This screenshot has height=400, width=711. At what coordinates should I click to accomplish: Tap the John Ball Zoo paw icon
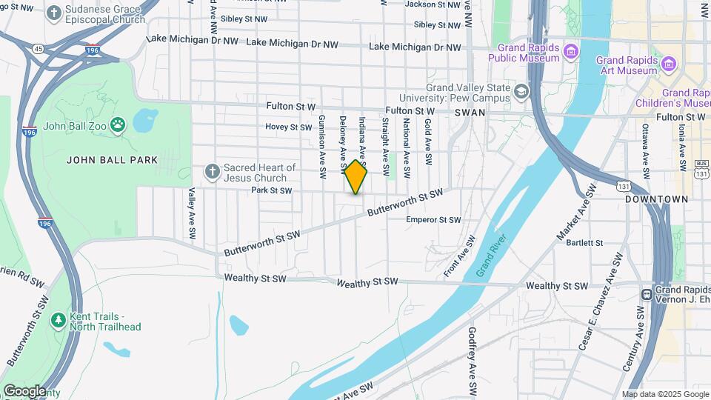click(118, 124)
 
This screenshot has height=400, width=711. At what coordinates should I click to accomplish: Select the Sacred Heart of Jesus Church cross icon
click(213, 172)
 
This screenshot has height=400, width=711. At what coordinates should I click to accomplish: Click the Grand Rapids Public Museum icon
click(571, 51)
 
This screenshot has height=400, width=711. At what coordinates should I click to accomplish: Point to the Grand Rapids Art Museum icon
click(669, 64)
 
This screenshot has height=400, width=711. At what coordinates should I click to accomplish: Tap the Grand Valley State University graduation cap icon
click(522, 91)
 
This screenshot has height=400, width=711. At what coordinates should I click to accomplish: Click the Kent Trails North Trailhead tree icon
click(58, 320)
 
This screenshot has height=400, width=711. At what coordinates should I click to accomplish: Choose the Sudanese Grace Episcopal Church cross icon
click(55, 13)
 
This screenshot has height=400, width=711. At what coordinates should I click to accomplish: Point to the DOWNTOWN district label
click(656, 199)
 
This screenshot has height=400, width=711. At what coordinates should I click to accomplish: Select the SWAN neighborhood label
click(470, 113)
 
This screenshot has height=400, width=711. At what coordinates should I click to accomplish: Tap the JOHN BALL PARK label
click(113, 159)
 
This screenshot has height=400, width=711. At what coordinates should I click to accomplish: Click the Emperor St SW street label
click(433, 220)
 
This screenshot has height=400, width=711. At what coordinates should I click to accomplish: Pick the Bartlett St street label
click(584, 242)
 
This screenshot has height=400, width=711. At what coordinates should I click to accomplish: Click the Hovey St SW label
click(290, 127)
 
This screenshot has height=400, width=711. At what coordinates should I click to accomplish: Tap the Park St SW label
click(271, 190)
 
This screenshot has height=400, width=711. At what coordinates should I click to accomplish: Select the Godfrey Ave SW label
click(472, 361)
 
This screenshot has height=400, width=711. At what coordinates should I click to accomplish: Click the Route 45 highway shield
click(38, 49)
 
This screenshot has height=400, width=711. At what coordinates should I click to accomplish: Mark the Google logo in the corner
click(24, 390)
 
